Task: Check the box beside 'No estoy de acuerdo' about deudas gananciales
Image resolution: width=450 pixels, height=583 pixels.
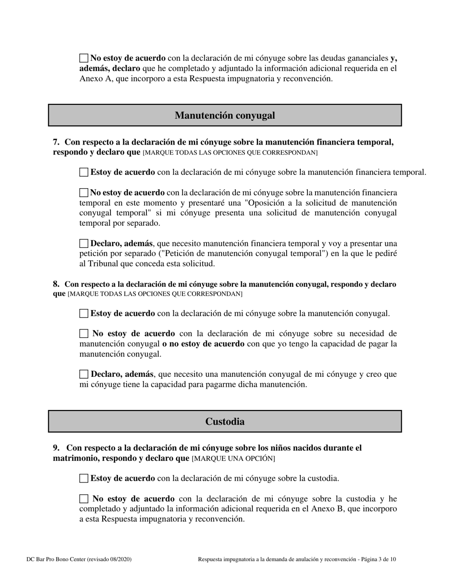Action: click(84, 58)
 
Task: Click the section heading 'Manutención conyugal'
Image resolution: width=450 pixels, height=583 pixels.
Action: click(225, 115)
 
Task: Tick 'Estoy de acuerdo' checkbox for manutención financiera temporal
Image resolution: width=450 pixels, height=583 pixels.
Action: click(84, 173)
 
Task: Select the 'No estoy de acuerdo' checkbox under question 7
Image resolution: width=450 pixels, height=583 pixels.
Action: click(84, 192)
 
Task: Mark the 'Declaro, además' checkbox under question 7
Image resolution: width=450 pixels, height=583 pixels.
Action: click(84, 244)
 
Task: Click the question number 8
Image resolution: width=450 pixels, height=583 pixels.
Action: click(56, 284)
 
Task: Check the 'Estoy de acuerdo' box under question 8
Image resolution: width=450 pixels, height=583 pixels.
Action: click(84, 313)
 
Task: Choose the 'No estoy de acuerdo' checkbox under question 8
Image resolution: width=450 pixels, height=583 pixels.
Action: click(84, 334)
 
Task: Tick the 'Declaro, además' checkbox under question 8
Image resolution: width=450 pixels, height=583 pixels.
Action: click(84, 374)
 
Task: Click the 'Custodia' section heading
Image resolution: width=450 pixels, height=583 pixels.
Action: click(225, 421)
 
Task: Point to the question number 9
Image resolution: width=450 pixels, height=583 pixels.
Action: click(56, 448)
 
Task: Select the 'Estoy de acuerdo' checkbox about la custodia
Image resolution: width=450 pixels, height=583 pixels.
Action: click(84, 478)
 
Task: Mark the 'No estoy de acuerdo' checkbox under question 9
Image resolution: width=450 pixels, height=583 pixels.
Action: click(84, 499)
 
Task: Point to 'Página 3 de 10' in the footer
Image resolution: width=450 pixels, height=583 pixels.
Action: click(378, 559)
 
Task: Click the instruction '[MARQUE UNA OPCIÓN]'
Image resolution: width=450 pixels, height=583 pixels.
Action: click(233, 459)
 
